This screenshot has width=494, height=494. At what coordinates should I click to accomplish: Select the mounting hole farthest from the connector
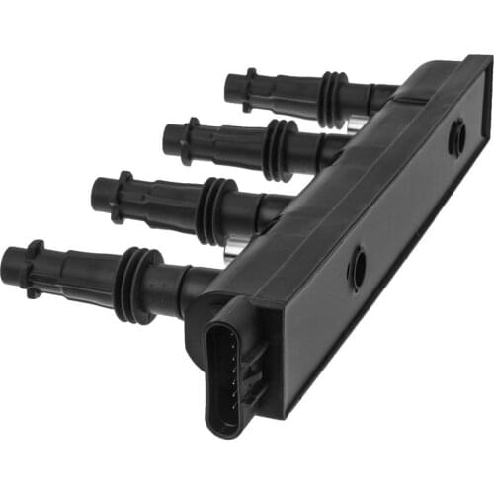click(456, 138)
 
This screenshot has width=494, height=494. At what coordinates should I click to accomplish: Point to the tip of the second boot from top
click(170, 141)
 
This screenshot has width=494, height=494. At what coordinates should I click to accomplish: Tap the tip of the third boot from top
click(100, 195)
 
